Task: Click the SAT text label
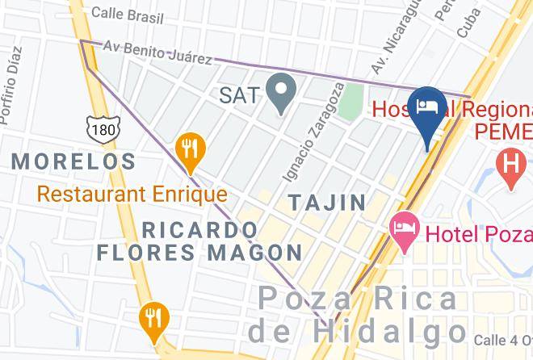240,95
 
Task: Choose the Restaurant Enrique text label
132,195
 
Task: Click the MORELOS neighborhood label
73,161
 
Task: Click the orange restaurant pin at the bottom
152,317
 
